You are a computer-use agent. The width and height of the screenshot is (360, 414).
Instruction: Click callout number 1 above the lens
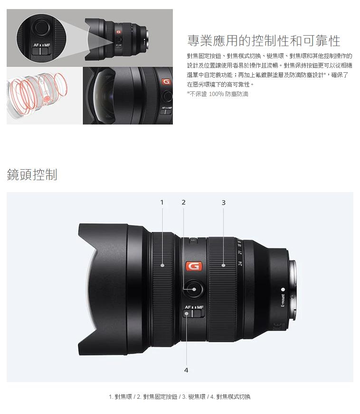point(162,202)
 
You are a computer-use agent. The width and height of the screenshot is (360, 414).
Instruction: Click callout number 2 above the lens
point(183,202)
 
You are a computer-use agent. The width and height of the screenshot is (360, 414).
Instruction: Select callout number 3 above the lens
point(223,202)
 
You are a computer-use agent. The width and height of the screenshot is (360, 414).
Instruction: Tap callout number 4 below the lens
point(186,370)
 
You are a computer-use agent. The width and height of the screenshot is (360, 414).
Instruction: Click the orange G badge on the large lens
point(194,266)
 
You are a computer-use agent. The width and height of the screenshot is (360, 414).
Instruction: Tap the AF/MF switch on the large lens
point(194,314)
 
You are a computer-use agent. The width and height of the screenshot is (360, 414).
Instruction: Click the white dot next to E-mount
point(283,289)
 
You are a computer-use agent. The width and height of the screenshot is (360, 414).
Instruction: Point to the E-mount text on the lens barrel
point(283,300)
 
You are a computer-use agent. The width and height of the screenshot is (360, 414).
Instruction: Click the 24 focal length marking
point(240,263)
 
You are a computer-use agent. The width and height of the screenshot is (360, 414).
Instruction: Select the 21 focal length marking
point(240,252)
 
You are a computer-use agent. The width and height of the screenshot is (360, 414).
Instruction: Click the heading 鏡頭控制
point(32,174)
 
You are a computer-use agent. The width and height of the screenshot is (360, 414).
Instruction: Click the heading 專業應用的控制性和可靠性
point(264,41)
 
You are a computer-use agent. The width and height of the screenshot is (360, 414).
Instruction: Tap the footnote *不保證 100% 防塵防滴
point(218,94)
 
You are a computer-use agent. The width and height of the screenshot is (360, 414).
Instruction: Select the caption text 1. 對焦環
point(120,396)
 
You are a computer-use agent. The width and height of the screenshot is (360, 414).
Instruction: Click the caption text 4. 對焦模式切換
point(230,396)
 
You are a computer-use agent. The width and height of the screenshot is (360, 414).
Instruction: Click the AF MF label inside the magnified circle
point(42,45)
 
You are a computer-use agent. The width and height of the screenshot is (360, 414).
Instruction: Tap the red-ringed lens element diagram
point(37,96)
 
